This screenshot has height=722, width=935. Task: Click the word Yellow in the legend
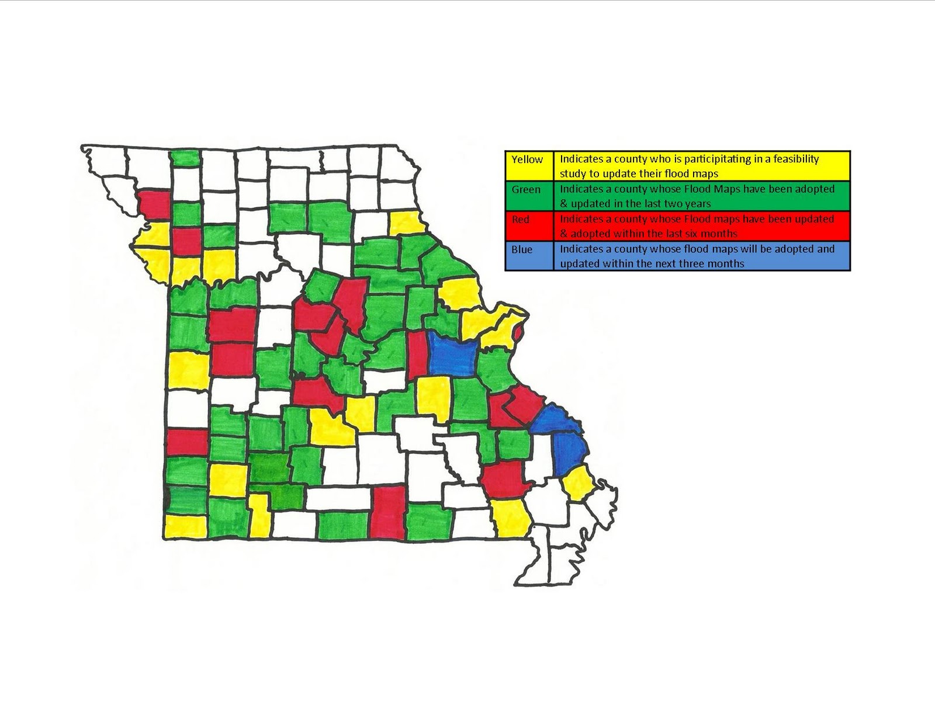[527, 159]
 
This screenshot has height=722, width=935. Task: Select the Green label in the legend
[526, 190]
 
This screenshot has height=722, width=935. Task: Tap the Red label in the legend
[520, 220]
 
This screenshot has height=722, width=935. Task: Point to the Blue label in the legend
[522, 249]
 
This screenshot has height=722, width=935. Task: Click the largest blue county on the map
[451, 354]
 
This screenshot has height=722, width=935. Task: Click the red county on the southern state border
[387, 513]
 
